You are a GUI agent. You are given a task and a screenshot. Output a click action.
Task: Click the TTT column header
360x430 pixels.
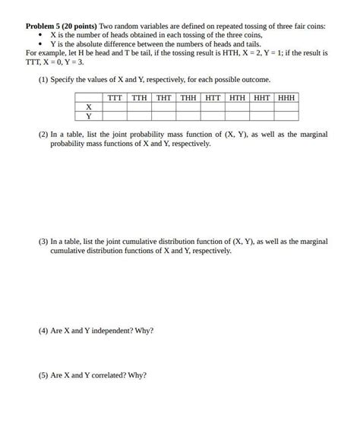click(115, 97)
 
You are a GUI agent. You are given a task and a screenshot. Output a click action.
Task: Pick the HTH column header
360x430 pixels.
click(237, 97)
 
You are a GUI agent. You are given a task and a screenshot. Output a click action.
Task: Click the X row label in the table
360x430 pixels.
click(89, 107)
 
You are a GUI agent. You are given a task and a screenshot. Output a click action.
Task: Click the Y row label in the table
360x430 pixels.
click(89, 116)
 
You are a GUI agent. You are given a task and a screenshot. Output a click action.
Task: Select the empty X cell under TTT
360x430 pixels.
click(115, 107)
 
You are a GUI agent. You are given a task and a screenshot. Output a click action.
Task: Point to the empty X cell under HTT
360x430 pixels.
click(213, 107)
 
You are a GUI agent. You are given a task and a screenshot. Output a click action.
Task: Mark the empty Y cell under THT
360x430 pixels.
click(164, 116)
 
